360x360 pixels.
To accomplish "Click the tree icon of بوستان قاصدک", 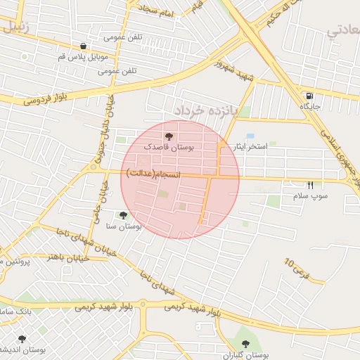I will pyautogui.click(x=169, y=136).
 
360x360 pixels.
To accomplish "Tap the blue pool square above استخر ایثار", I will pyautogui.click(x=250, y=136).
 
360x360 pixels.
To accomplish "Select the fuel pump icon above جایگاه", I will pyautogui.click(x=310, y=96).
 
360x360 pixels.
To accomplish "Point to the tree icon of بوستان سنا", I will pyautogui.click(x=124, y=216).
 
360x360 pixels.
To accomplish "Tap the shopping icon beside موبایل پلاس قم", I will pyautogui.click(x=84, y=46).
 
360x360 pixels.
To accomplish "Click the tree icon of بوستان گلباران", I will pyautogui.click(x=245, y=344).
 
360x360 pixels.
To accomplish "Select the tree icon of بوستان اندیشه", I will pyautogui.click(x=22, y=338).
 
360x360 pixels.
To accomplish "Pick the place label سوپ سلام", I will pyautogui.click(x=310, y=196).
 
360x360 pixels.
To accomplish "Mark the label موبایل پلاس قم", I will pyautogui.click(x=82, y=57).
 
